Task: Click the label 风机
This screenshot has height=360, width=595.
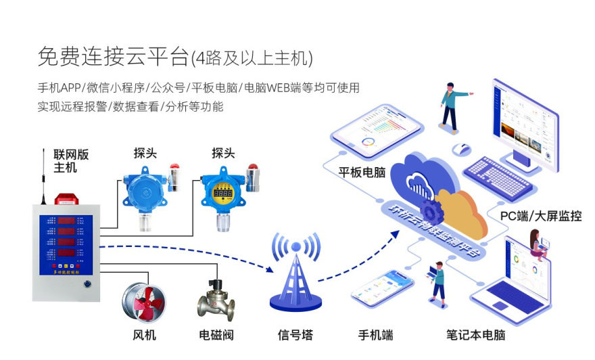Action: [145, 334]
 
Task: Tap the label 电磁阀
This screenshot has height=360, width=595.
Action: [216, 334]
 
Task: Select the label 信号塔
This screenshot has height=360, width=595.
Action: [295, 334]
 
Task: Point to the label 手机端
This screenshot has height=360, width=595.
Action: [375, 334]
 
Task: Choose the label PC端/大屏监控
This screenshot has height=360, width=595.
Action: [540, 216]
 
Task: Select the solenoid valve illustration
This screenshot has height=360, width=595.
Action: [216, 300]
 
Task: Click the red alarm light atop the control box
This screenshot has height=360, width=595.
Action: [67, 200]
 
